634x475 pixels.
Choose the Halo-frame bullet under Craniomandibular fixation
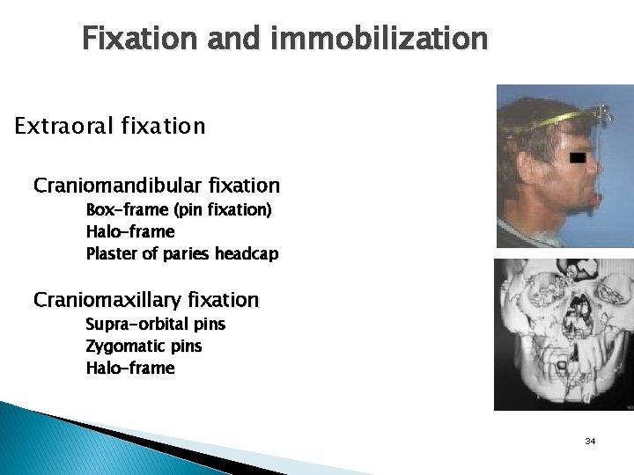[130, 232]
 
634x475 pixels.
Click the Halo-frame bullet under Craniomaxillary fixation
[130, 368]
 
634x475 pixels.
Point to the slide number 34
[590, 440]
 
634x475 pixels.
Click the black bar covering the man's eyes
[578, 157]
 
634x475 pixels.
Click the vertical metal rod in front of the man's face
[607, 167]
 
